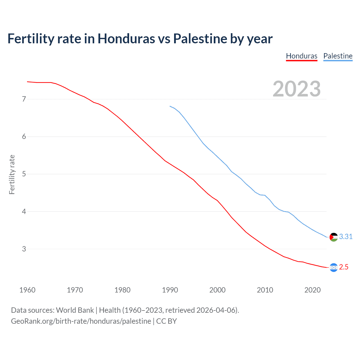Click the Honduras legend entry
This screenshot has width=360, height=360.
tap(301, 56)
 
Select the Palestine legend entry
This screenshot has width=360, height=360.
tap(338, 56)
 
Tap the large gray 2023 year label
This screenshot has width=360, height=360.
tap(296, 89)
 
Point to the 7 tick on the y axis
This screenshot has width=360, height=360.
tap(24, 99)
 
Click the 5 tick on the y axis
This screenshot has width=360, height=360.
tap(24, 174)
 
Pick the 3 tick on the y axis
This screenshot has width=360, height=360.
tap(24, 249)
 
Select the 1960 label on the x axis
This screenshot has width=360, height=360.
tap(27, 290)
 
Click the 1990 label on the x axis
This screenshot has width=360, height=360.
tap(170, 290)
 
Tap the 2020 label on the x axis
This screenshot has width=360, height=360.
tap(312, 290)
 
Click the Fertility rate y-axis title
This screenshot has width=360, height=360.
tap(12, 174)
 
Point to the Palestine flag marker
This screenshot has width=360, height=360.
tap(334, 237)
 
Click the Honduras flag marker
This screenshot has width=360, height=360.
tap(334, 267)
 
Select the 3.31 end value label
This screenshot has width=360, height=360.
tap(346, 237)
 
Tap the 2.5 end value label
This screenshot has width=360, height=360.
tap(344, 267)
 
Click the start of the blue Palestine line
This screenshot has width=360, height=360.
tap(170, 106)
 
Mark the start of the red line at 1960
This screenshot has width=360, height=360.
tap(28, 82)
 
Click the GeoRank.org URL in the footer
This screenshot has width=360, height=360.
tap(81, 321)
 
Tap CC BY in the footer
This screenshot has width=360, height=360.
tap(166, 321)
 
